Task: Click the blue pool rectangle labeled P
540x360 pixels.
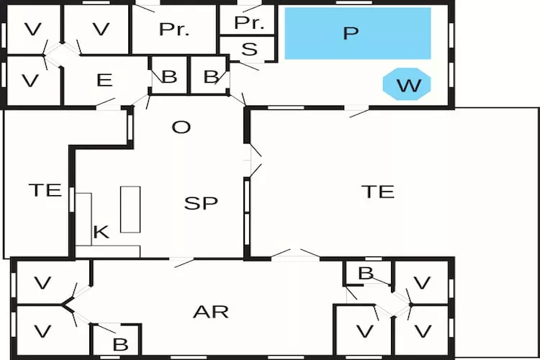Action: click(358, 33)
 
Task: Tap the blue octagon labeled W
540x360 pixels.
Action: click(407, 84)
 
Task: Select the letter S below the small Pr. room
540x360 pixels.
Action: click(249, 49)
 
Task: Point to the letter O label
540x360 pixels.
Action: click(181, 127)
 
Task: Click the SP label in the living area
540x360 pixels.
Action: click(201, 203)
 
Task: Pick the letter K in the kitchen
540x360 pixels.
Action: click(102, 232)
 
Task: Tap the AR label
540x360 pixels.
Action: click(211, 312)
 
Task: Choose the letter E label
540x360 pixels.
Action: click(104, 80)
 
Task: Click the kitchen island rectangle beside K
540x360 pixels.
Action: click(130, 210)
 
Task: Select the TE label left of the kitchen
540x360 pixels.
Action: click(45, 190)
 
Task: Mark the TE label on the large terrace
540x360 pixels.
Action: click(378, 192)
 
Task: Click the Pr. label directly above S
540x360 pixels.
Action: click(249, 23)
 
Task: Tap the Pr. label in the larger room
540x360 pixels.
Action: click(174, 30)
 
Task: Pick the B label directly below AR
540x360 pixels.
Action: click(120, 344)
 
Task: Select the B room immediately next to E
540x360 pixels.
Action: click(169, 76)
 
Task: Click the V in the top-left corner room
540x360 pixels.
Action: click(33, 30)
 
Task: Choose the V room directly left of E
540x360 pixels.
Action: click(34, 80)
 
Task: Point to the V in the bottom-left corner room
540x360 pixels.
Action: click(42, 332)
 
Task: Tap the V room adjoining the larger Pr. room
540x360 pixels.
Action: click(96, 30)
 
